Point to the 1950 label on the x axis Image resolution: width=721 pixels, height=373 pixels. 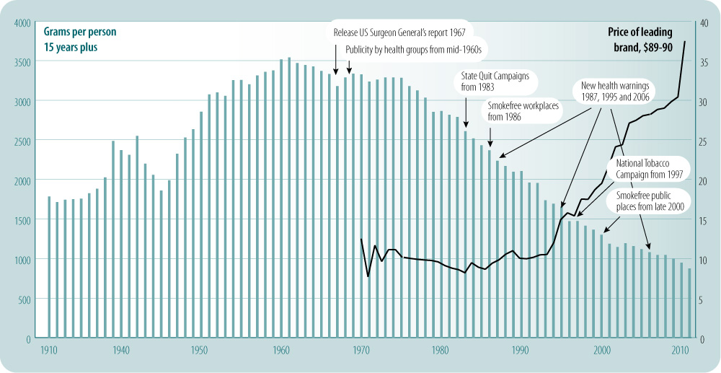pos(201,350)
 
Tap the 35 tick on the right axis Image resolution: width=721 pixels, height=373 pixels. pos(703,62)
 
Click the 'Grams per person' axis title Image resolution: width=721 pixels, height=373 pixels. pos(79,32)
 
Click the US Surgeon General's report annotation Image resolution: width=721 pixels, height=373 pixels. pos(399,32)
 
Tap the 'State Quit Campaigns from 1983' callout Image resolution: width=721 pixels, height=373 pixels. pos(495,81)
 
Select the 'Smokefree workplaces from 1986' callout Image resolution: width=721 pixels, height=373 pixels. pos(524,110)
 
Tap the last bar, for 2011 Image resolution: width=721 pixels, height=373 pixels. pos(689,303)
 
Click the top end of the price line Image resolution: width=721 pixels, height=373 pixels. pos(685,42)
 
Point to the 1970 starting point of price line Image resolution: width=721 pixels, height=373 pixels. pos(360,239)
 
